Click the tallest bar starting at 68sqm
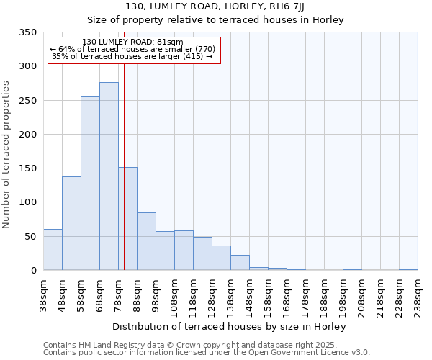[109, 176]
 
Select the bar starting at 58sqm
[90, 184]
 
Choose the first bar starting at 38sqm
[53, 250]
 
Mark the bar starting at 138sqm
[240, 263]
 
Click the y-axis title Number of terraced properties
[7, 155]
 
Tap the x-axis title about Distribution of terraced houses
[230, 326]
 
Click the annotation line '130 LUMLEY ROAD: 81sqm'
[132, 42]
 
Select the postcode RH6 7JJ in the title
[315, 6]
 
